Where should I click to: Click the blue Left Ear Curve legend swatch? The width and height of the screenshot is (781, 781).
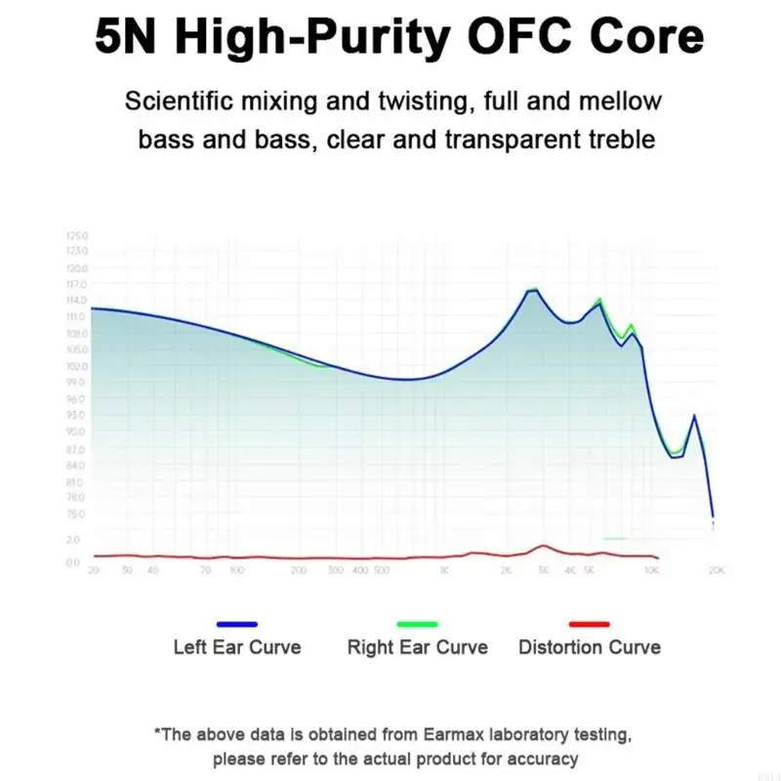[x=237, y=624]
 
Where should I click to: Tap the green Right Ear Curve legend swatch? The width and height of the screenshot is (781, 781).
[x=417, y=624]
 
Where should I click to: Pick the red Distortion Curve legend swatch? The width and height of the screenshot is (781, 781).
[x=589, y=624]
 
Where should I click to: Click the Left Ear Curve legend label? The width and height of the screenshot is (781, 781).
[x=237, y=647]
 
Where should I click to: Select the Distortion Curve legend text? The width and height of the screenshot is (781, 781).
[x=589, y=647]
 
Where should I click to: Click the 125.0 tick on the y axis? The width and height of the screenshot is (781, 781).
[x=77, y=236]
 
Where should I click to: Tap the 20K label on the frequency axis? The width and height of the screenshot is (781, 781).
[x=716, y=569]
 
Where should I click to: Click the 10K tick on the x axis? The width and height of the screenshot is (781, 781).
[x=650, y=569]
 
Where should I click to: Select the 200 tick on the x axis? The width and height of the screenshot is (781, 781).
[x=298, y=569]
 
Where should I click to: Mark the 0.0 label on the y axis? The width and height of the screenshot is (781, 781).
[x=72, y=562]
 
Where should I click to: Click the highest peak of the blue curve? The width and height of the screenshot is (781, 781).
[x=533, y=290]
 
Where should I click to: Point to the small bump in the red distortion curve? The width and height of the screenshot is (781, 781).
[x=543, y=547]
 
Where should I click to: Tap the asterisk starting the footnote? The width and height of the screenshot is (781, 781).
[x=158, y=732]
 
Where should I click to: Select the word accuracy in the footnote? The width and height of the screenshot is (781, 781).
[x=543, y=759]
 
